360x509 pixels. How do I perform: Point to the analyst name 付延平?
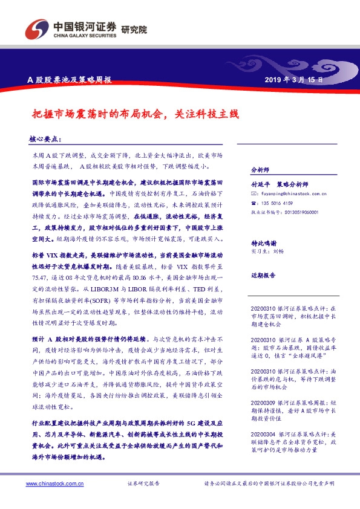click(x=259, y=184)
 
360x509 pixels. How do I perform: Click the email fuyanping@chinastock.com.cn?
click(x=293, y=194)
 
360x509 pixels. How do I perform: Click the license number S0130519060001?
click(x=298, y=212)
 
